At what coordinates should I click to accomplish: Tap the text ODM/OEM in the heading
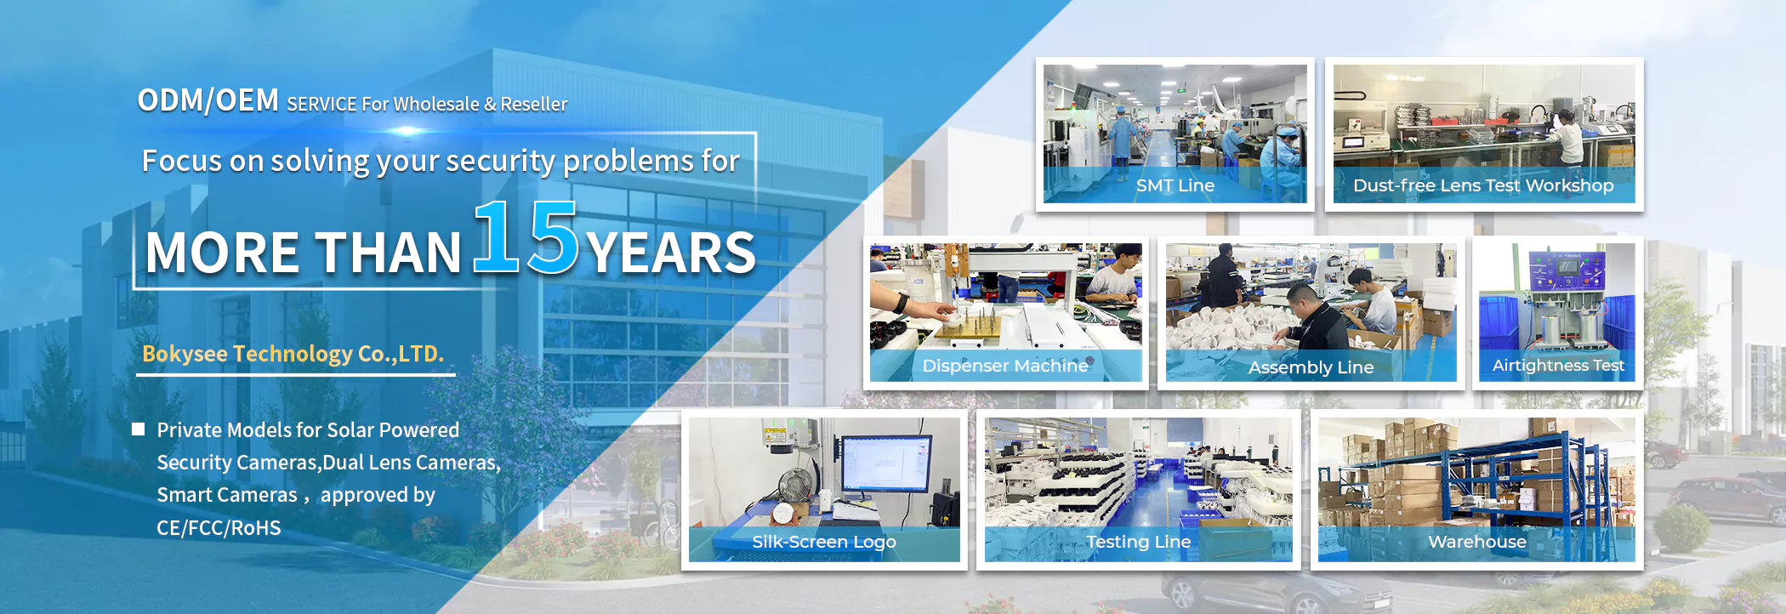pos(208,100)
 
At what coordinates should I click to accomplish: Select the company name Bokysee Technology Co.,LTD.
pos(293,354)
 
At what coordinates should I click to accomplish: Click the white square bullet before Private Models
pos(138,429)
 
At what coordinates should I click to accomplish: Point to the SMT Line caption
pos(1175,185)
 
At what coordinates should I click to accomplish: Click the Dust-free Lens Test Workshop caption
pos(1483,185)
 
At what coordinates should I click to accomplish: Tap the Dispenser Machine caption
pos(1005,366)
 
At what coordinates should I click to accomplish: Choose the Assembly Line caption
pos(1311,367)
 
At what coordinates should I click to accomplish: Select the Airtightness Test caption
pos(1558,366)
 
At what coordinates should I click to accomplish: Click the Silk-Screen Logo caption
pos(824,542)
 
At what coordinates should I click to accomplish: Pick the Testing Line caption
pos(1138,542)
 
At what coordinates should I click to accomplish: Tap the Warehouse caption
pos(1477,542)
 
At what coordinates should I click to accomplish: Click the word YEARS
pos(671,253)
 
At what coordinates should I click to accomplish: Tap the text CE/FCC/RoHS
pos(219,528)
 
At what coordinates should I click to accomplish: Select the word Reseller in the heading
pos(533,104)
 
